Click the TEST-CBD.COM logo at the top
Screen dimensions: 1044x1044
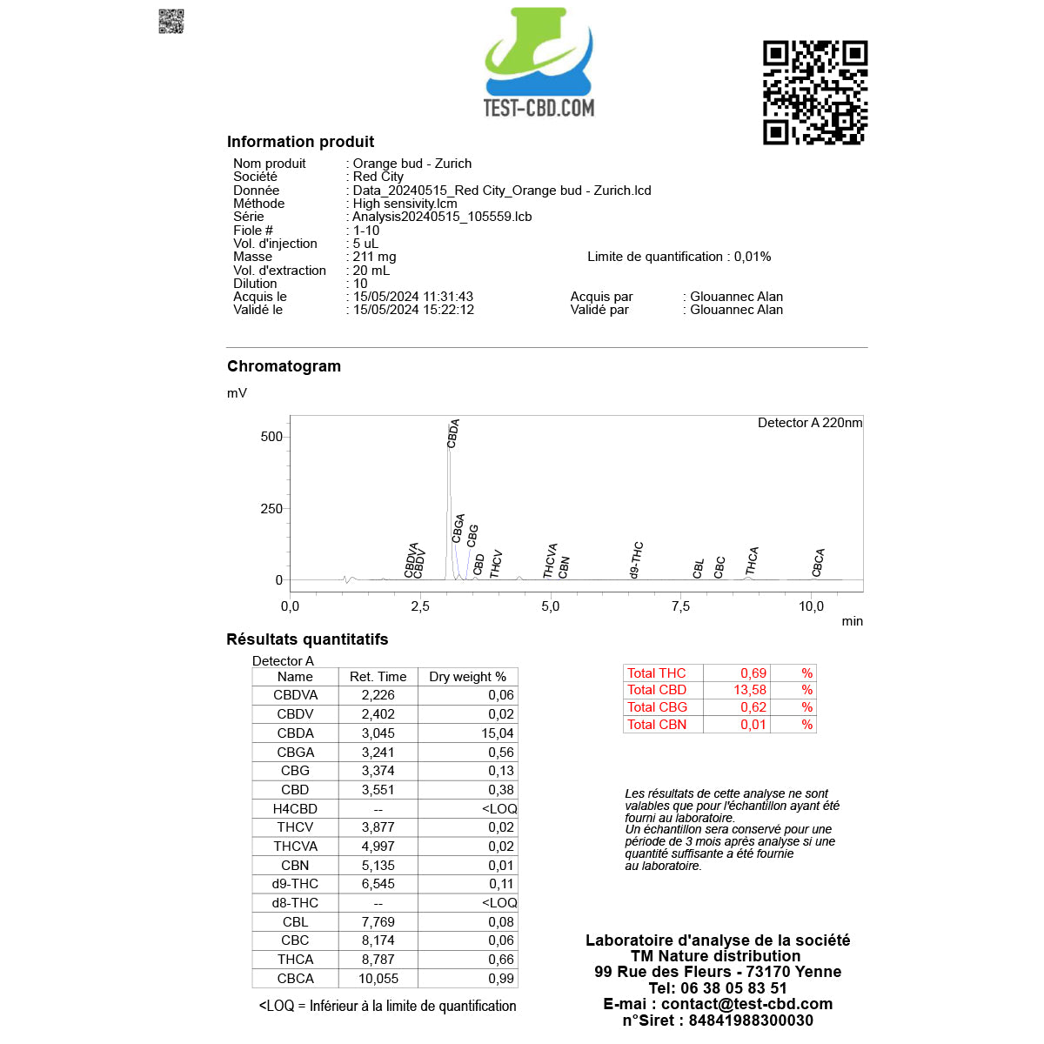pos(539,63)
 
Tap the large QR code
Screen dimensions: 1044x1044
pos(815,92)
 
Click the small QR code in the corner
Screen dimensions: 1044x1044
pos(171,22)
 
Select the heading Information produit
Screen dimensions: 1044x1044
pos(300,142)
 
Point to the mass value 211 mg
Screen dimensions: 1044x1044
pos(374,257)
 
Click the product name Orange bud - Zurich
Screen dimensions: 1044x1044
pos(412,164)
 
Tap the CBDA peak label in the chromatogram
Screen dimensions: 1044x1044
pos(453,433)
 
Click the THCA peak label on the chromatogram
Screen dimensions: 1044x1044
pos(753,560)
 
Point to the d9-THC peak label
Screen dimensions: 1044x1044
pos(637,559)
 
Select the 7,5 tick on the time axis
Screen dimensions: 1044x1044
pos(680,606)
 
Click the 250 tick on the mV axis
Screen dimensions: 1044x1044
pos(271,509)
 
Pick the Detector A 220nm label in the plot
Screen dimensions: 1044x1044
pos(810,423)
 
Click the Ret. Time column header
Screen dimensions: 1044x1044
pos(378,677)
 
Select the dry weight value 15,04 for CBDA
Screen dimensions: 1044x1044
pos(498,733)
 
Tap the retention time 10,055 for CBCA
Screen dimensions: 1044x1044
pos(378,979)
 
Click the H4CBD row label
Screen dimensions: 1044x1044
pos(295,809)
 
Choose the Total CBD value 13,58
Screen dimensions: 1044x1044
pos(750,690)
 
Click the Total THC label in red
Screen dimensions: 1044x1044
pos(657,673)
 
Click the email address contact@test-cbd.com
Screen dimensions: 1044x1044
pos(746,1004)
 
